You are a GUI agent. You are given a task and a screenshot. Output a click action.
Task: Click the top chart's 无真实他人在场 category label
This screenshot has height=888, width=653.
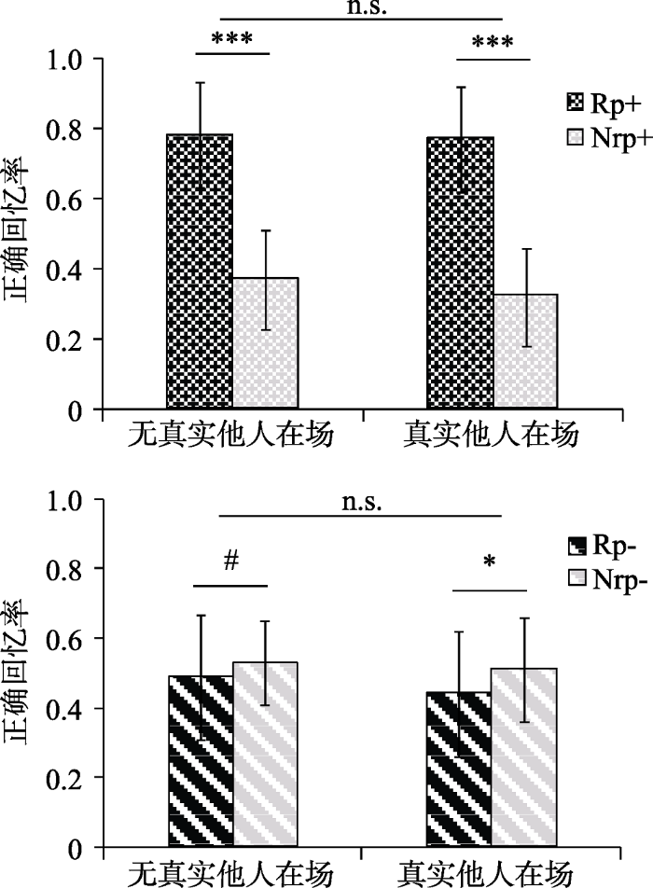coord(230,436)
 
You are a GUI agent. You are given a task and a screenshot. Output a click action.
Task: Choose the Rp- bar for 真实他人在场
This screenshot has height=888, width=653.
coord(458,770)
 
